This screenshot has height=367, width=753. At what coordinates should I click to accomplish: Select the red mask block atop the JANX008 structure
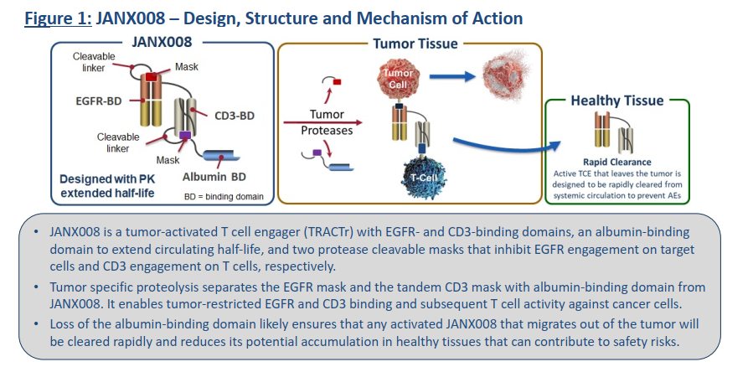pyautogui.click(x=152, y=78)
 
